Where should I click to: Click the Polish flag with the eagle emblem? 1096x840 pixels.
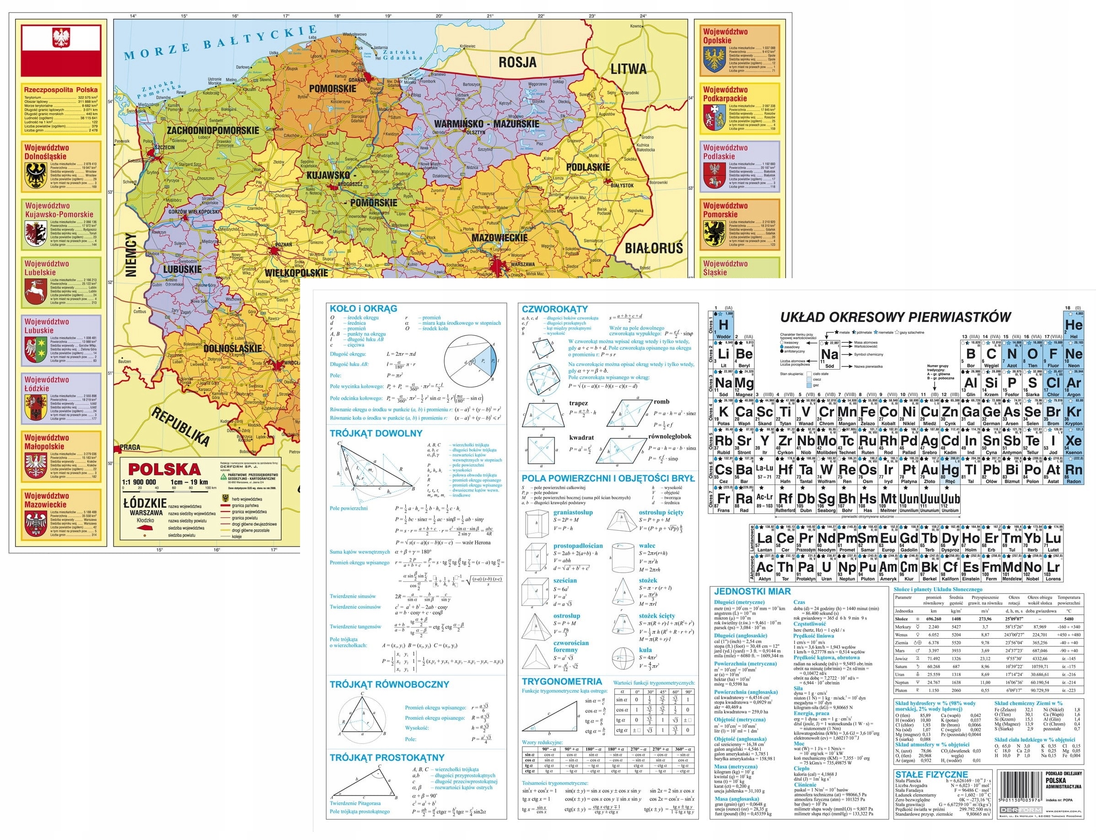61,49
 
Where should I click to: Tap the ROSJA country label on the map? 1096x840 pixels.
517,62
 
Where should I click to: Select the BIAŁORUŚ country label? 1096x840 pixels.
653,248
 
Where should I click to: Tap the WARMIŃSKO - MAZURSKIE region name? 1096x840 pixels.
486,124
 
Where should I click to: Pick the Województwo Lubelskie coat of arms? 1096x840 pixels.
36,292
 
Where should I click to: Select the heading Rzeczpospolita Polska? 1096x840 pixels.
61,90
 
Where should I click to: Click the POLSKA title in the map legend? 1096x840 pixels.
164,469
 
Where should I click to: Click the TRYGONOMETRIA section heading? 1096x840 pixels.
562,682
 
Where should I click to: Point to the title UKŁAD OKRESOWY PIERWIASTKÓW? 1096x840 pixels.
896,317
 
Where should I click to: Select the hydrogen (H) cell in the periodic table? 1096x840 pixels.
723,325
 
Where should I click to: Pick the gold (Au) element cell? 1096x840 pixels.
929,470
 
